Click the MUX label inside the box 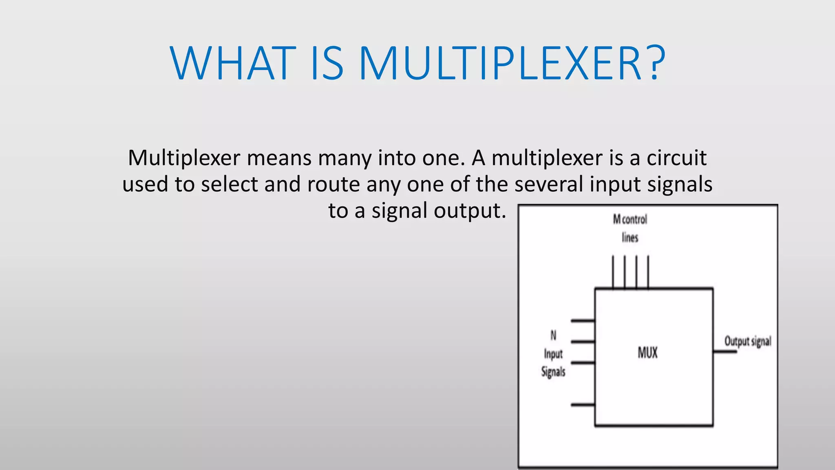tap(647, 352)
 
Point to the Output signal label tap(747, 341)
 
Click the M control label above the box tap(630, 219)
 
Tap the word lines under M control tap(630, 237)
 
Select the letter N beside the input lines tap(553, 335)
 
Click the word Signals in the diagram tap(553, 372)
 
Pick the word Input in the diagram tap(553, 354)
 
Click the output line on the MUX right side tap(725, 351)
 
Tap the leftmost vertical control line tap(613, 272)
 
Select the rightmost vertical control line tap(648, 272)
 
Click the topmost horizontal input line tap(583, 321)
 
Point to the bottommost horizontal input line tap(583, 405)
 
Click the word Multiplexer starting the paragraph tap(184, 158)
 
